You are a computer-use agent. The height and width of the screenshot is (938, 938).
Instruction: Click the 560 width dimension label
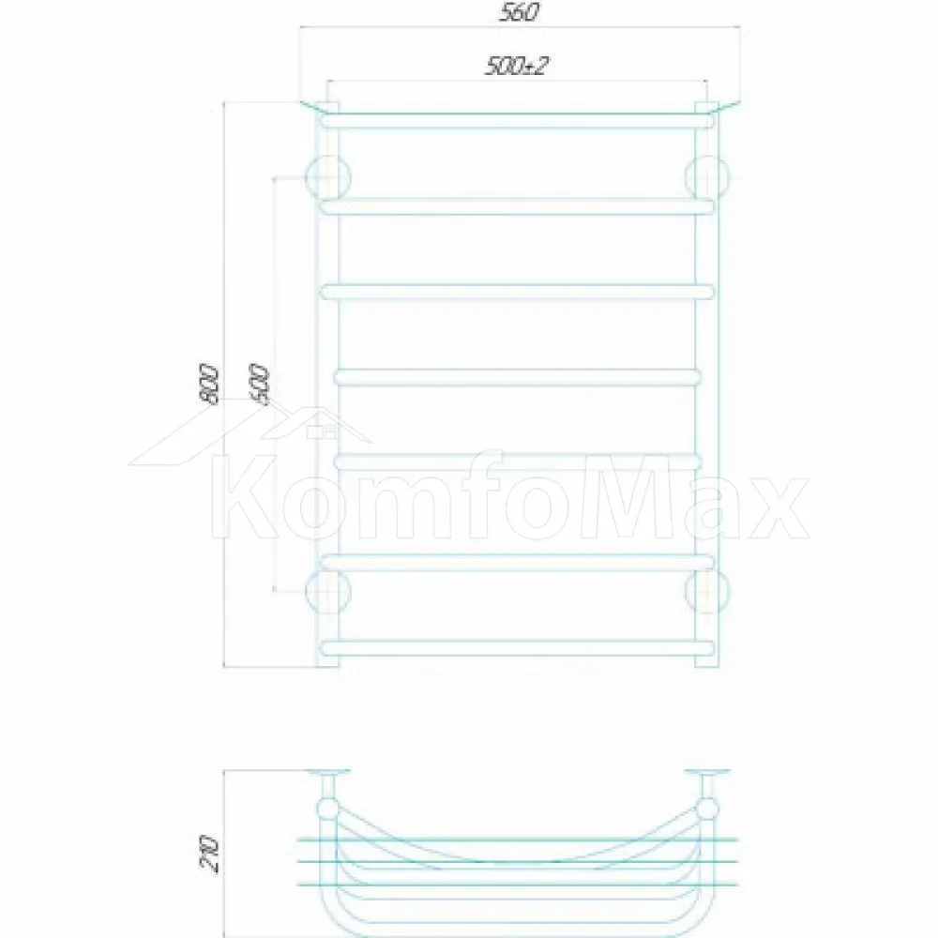click(x=519, y=12)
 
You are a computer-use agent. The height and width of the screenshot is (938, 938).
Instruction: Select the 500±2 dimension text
click(x=516, y=66)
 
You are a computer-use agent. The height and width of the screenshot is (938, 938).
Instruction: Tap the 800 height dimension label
click(x=208, y=383)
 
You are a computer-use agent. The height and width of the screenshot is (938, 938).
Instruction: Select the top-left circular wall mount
click(x=327, y=177)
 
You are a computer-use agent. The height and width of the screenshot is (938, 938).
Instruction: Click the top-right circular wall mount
click(x=707, y=177)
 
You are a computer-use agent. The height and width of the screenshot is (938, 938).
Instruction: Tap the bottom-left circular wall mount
click(x=327, y=592)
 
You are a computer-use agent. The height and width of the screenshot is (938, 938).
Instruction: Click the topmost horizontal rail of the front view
click(x=518, y=121)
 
